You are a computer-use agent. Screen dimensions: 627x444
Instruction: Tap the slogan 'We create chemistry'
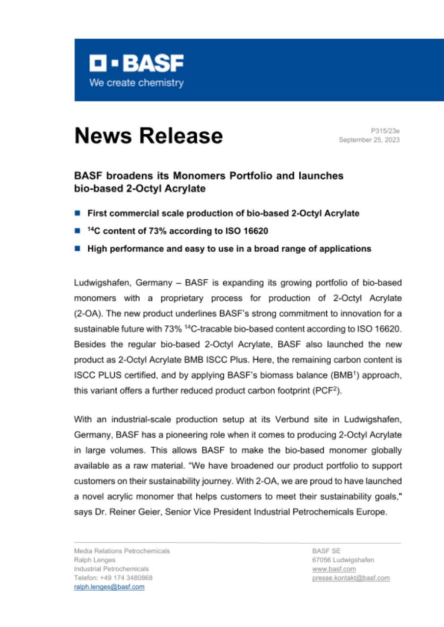(x=136, y=83)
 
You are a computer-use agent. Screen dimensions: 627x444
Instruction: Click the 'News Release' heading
(x=148, y=136)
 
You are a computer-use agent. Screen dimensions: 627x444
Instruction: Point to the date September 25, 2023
(x=369, y=140)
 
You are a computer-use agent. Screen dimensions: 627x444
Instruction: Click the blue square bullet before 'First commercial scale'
(x=77, y=213)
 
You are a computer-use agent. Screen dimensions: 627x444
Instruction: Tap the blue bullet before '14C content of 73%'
(x=77, y=231)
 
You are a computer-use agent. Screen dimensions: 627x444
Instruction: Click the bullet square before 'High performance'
(x=77, y=248)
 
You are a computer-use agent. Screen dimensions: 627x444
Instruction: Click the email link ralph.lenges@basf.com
(x=109, y=586)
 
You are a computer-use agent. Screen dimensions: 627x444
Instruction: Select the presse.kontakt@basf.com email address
(x=351, y=578)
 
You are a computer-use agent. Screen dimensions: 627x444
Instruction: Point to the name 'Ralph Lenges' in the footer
(x=94, y=560)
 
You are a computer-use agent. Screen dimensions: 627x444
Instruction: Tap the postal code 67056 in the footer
(x=321, y=560)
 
